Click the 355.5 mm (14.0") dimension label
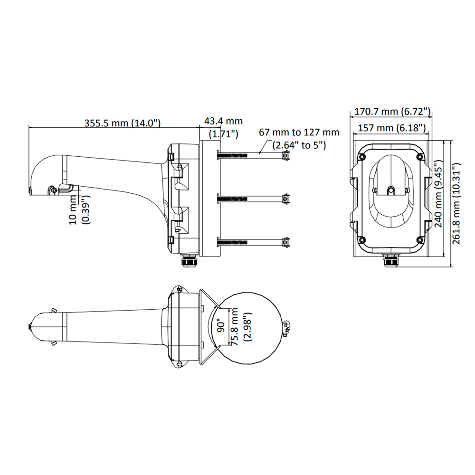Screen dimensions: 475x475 [x=123, y=123]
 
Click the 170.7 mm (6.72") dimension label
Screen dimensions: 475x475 [x=390, y=112]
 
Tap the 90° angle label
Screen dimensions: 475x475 [x=220, y=327]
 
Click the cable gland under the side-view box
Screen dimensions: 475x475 [x=190, y=262]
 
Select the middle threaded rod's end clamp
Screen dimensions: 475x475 [x=285, y=199]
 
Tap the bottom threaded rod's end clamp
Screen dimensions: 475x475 [x=285, y=242]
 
